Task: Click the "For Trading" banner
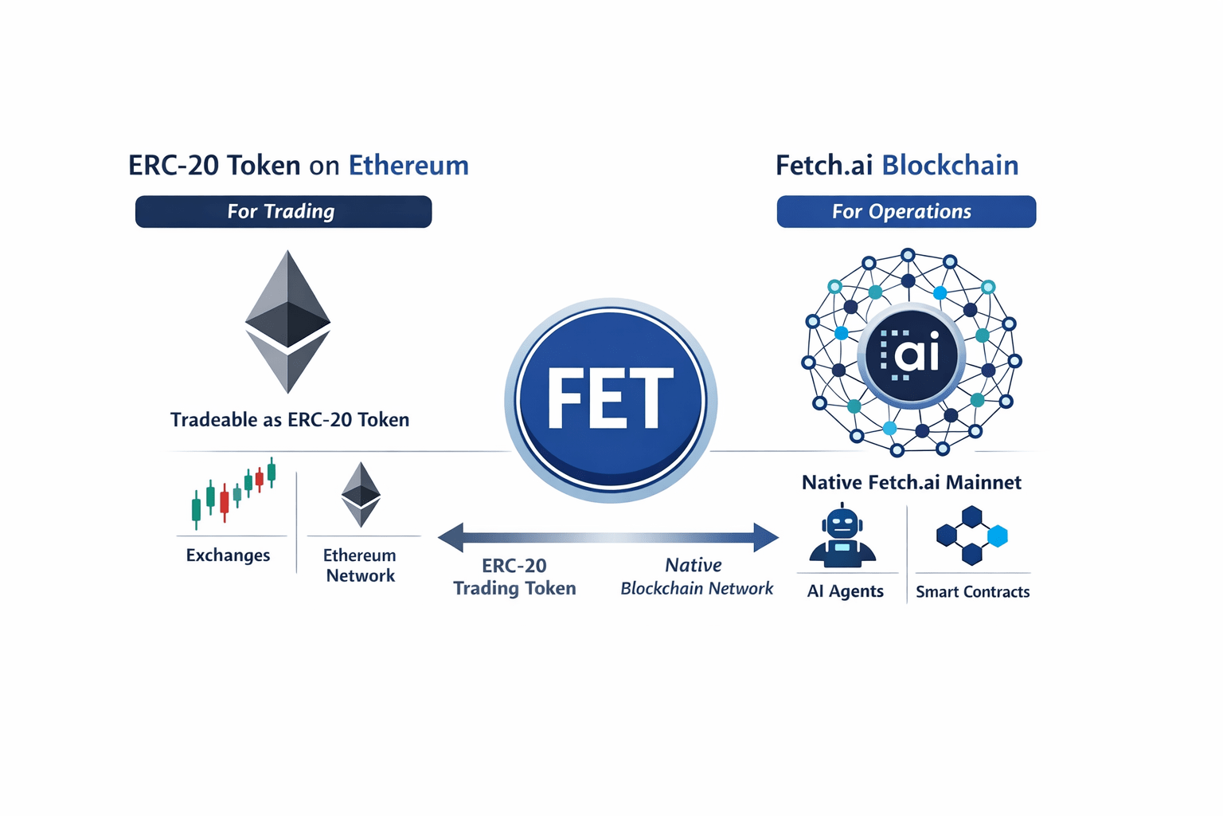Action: click(x=283, y=212)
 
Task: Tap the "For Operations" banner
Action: click(x=905, y=212)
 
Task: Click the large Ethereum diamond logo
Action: click(x=287, y=321)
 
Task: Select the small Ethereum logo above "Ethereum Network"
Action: click(x=361, y=494)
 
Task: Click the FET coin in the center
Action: click(x=611, y=399)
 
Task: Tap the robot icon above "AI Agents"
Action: click(x=842, y=537)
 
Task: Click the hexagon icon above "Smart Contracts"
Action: click(x=971, y=535)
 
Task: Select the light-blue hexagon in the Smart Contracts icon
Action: click(x=997, y=536)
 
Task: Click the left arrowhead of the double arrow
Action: click(x=451, y=538)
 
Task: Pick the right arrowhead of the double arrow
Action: click(x=766, y=538)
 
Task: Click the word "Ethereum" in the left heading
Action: click(x=408, y=166)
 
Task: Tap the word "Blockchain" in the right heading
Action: click(x=950, y=166)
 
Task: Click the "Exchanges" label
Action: click(x=228, y=555)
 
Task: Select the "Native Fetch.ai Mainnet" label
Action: click(x=911, y=482)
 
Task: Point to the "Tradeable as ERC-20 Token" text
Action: click(x=290, y=420)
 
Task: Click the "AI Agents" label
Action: click(x=845, y=591)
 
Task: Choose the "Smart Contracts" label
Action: click(x=972, y=592)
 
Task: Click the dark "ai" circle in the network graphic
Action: click(x=912, y=354)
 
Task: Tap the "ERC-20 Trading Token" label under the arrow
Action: click(x=514, y=577)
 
